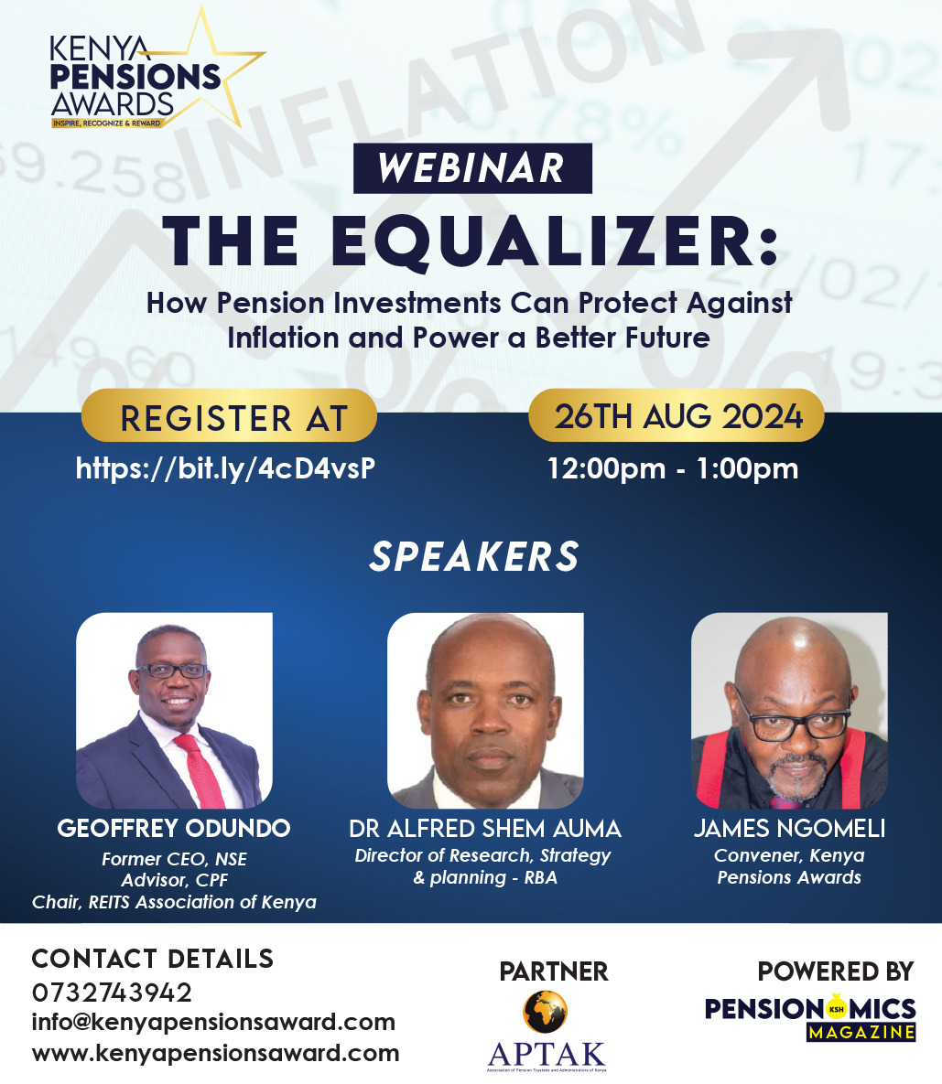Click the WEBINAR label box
pyautogui.click(x=472, y=168)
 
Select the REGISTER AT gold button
pyautogui.click(x=229, y=418)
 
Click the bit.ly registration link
pyautogui.click(x=225, y=468)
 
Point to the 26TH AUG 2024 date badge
pyautogui.click(x=677, y=416)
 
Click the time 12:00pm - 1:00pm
pyautogui.click(x=673, y=468)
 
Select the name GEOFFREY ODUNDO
pyautogui.click(x=174, y=829)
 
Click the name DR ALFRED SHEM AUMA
pyautogui.click(x=485, y=829)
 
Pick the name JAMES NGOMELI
pyautogui.click(x=789, y=829)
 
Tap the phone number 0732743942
pyautogui.click(x=112, y=993)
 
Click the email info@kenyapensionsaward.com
pyautogui.click(x=213, y=1022)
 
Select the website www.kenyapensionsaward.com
pyautogui.click(x=215, y=1053)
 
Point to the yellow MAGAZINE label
pyautogui.click(x=861, y=1032)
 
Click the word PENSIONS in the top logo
pyautogui.click(x=135, y=77)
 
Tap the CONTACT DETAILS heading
pyautogui.click(x=153, y=959)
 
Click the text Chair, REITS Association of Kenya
pyautogui.click(x=174, y=902)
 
